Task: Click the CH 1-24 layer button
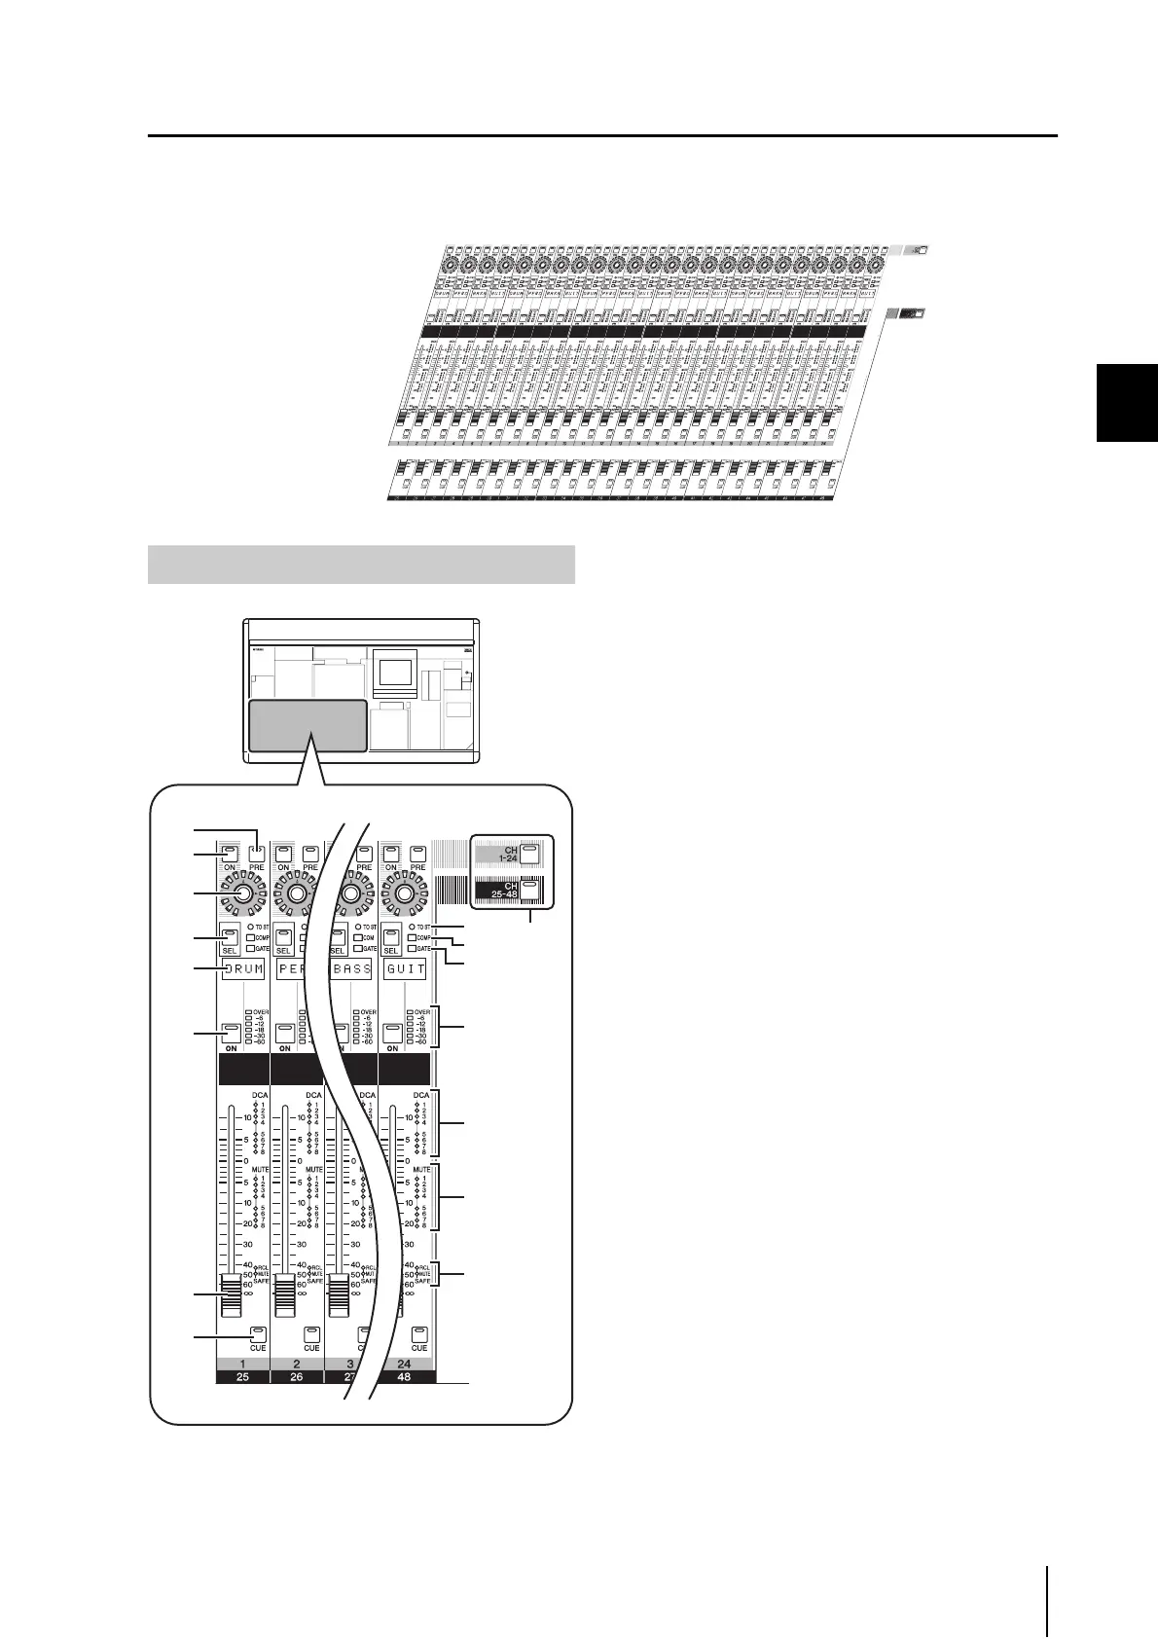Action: pyautogui.click(x=528, y=855)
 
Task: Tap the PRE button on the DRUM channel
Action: pyautogui.click(x=256, y=854)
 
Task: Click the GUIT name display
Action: pyautogui.click(x=405, y=970)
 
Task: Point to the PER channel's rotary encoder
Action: pyautogui.click(x=297, y=893)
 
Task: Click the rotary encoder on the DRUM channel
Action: pyautogui.click(x=243, y=893)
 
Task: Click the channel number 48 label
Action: pyautogui.click(x=405, y=1377)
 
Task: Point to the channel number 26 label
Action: pyautogui.click(x=297, y=1377)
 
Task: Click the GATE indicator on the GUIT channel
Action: pyautogui.click(x=413, y=948)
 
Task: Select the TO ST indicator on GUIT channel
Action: pyautogui.click(x=412, y=927)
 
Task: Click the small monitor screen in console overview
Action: pyautogui.click(x=396, y=673)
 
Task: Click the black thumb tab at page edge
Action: pyautogui.click(x=1127, y=402)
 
